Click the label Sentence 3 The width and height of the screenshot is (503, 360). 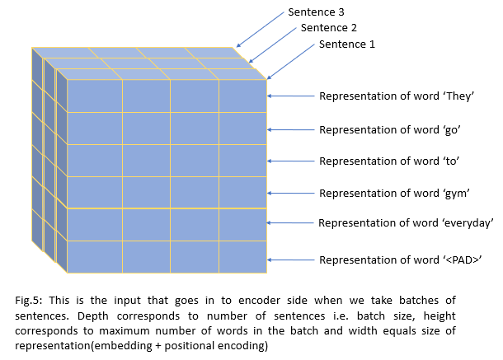point(316,12)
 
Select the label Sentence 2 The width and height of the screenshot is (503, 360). point(328,27)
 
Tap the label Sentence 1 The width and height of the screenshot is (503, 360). point(346,44)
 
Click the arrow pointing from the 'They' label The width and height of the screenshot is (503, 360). point(291,96)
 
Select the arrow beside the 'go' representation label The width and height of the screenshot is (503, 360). point(291,129)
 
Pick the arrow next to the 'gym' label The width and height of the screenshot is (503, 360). point(291,194)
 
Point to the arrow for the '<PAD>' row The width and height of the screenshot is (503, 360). point(291,259)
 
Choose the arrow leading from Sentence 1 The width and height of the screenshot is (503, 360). point(290,60)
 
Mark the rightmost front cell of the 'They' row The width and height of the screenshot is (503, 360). point(242,96)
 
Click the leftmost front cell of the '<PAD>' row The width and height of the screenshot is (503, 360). point(94,256)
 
